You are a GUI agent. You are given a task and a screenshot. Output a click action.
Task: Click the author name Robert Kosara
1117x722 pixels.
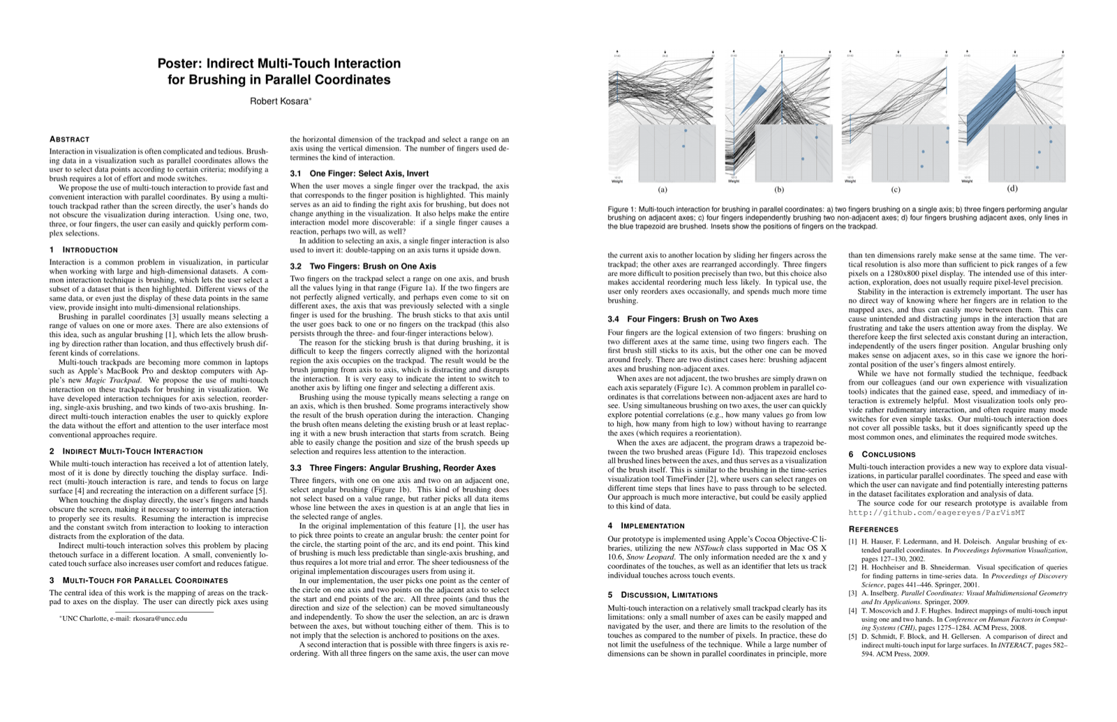coord(279,102)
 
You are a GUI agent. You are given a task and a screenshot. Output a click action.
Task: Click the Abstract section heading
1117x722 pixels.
coord(70,140)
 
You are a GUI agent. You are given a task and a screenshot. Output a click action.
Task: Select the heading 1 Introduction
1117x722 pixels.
coord(84,250)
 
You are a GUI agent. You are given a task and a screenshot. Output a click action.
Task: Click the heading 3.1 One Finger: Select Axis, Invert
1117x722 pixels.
coord(360,174)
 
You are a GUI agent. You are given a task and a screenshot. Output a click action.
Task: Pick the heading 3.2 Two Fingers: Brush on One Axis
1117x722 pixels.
coord(363,266)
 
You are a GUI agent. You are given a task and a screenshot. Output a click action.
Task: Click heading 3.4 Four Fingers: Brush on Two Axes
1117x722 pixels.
coord(683,319)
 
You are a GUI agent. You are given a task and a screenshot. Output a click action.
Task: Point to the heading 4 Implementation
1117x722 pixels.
coord(646,526)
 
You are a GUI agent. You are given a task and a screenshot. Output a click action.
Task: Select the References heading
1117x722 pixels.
coord(873,529)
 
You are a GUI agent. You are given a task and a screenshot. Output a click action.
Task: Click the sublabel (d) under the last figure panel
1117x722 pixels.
coord(1012,188)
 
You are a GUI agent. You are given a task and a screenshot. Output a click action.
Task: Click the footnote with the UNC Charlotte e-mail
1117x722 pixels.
coord(124,618)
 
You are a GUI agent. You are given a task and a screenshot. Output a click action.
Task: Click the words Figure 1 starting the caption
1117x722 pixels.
coord(621,209)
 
